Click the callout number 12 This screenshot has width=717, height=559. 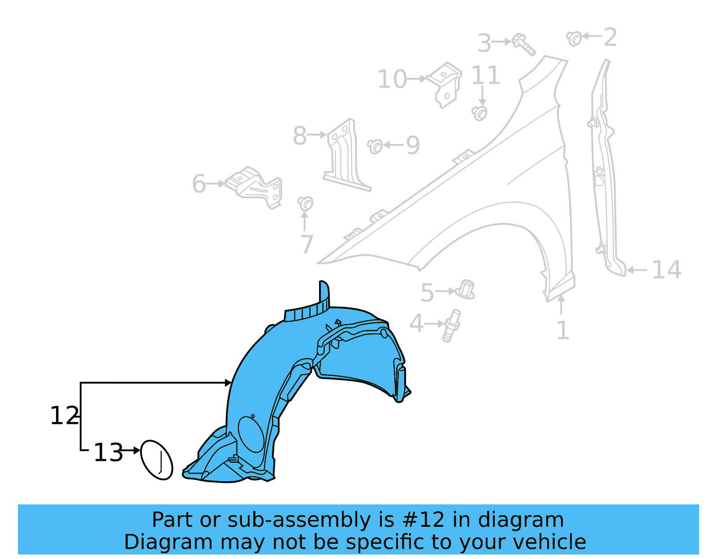(64, 416)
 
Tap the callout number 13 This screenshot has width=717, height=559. (108, 452)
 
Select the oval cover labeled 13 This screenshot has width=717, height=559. (156, 460)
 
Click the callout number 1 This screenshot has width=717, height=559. (562, 331)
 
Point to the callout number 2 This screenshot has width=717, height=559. (610, 37)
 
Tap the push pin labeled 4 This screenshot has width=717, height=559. (452, 325)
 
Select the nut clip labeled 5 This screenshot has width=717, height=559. (466, 290)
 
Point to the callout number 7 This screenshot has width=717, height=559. (307, 244)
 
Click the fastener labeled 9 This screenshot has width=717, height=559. (375, 146)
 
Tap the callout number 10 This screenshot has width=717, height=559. (392, 80)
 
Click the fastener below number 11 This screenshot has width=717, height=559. (479, 113)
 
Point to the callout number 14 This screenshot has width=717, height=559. (666, 270)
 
